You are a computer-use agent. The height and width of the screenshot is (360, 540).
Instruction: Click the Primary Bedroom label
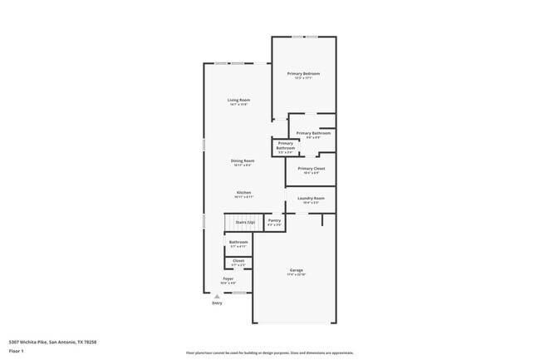click(304, 74)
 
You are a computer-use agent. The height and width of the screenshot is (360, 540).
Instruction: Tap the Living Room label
click(239, 101)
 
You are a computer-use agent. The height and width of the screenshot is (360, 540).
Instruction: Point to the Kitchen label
click(243, 193)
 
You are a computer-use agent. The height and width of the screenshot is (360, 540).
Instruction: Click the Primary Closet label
click(312, 169)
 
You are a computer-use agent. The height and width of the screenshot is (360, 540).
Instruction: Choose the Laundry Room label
click(311, 199)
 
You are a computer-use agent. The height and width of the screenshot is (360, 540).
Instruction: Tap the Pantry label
click(274, 220)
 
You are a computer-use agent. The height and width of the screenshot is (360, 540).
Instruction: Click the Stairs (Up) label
click(244, 223)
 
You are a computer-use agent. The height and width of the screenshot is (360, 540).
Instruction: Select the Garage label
click(297, 270)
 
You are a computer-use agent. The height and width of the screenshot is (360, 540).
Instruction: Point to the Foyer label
click(228, 279)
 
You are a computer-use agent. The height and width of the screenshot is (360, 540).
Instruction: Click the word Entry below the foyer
click(217, 303)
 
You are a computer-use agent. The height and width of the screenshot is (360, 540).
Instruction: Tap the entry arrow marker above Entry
click(217, 296)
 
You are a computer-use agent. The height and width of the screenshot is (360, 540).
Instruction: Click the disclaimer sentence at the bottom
click(269, 353)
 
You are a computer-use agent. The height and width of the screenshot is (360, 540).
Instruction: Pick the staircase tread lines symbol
click(237, 223)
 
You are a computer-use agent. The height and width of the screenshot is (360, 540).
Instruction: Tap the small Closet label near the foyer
click(238, 261)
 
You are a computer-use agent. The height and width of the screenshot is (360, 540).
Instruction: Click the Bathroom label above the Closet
click(238, 242)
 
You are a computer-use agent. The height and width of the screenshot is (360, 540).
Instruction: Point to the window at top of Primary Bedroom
click(304, 37)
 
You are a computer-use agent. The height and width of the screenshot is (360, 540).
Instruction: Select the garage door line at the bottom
click(294, 323)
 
